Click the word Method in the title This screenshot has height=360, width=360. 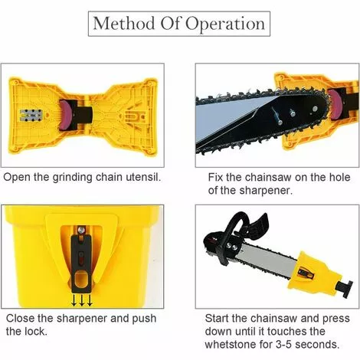(123, 23)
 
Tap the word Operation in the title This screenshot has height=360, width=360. (225, 25)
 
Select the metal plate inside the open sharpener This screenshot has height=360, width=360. (31, 116)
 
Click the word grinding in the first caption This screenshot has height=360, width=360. (72, 178)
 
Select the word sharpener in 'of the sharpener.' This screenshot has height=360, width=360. (266, 190)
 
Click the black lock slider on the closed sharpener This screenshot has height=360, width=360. (81, 263)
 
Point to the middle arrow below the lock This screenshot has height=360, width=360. (82, 300)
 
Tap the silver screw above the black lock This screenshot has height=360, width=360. (81, 230)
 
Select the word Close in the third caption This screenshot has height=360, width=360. (20, 319)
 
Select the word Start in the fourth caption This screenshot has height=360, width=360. (217, 319)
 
